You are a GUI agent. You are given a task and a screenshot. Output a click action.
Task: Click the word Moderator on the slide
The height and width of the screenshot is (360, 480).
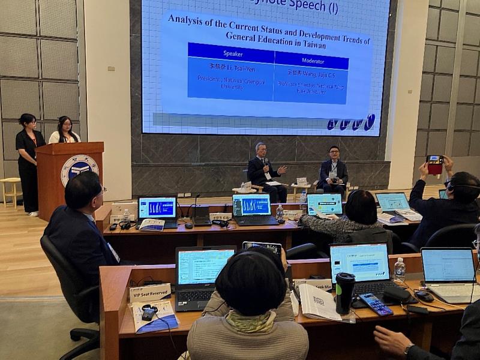tap(311, 61)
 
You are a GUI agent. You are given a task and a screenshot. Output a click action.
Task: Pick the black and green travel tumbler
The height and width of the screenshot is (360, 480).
tap(345, 292)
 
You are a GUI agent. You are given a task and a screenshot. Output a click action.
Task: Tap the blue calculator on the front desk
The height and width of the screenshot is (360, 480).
tap(376, 304)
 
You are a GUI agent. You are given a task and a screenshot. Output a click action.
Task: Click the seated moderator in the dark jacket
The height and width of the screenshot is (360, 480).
tap(334, 171)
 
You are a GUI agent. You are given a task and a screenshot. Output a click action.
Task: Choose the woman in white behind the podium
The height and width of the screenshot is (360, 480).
tap(63, 131)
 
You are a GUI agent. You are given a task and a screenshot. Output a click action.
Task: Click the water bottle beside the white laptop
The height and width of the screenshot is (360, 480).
tap(399, 271)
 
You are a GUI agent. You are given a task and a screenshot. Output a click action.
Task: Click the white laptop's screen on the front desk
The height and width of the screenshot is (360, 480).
tap(448, 265)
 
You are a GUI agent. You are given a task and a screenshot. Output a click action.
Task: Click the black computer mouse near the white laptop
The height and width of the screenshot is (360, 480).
tap(424, 296)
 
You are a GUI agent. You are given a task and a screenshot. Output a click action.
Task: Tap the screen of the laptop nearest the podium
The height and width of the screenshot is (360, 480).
tap(157, 208)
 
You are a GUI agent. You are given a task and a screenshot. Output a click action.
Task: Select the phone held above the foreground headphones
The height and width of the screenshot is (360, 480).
tap(262, 247)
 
